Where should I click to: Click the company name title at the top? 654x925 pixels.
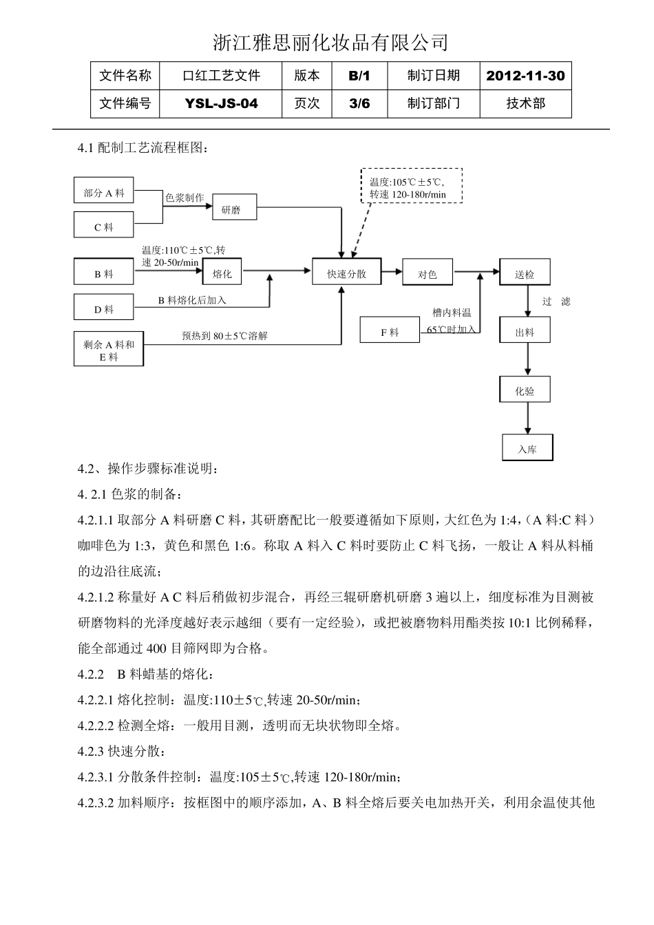click(330, 43)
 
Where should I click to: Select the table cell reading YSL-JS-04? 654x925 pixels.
click(221, 104)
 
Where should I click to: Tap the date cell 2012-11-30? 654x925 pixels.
click(525, 76)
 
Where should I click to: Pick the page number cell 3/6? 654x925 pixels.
click(359, 104)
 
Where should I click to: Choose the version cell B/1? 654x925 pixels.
click(359, 76)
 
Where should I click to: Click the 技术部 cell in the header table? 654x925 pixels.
click(525, 104)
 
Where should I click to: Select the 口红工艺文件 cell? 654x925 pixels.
click(221, 76)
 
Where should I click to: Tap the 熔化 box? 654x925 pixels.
click(222, 273)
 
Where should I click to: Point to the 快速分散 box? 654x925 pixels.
click(347, 273)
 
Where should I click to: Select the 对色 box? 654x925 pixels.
click(428, 273)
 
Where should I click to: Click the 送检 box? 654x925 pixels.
click(525, 273)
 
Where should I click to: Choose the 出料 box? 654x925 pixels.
click(525, 331)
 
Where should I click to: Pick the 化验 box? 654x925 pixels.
click(525, 390)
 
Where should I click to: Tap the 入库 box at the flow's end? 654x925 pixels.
click(527, 449)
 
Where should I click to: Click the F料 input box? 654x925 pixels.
click(390, 331)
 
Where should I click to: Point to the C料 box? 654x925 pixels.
click(104, 226)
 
